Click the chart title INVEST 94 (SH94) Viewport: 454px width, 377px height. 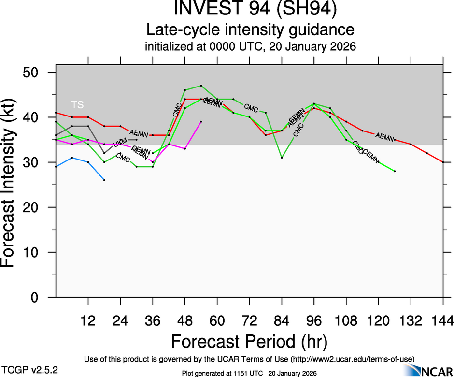(250, 9)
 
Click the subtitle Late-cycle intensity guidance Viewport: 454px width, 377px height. (250, 30)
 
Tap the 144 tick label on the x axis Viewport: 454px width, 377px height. (443, 320)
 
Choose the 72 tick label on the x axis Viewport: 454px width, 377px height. (249, 320)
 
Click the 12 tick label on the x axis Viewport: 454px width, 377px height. (88, 320)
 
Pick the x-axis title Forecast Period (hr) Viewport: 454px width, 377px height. (250, 342)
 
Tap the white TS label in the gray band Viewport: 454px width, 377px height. (77, 104)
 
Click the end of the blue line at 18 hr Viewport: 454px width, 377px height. (104, 180)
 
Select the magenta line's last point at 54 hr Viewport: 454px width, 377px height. (201, 122)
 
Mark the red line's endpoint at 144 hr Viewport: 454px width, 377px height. (443, 162)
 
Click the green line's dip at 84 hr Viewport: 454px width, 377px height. (282, 158)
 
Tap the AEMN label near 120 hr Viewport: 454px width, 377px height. (385, 137)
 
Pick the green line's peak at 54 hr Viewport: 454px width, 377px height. (201, 86)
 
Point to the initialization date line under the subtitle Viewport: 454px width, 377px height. (250, 47)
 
